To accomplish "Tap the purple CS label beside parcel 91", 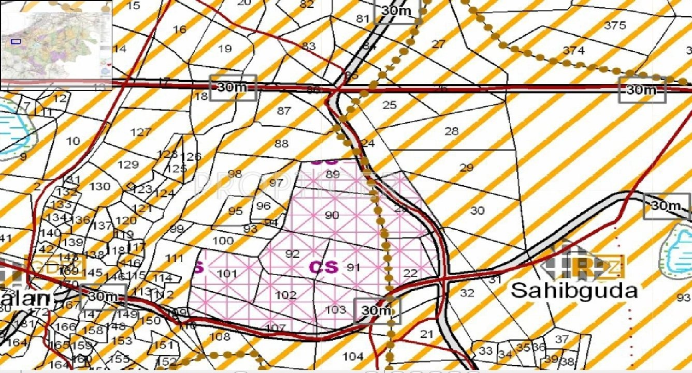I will (323, 267).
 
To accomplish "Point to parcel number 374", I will (573, 50).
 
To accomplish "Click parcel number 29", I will (466, 168).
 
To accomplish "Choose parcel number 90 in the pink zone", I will (332, 215).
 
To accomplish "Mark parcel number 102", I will (285, 295).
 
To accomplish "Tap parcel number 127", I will (140, 132).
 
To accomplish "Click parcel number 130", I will (100, 186).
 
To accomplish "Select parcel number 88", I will (281, 144).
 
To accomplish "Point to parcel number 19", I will (225, 49).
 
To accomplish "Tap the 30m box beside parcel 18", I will (233, 87).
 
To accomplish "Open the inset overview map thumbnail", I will (56, 46).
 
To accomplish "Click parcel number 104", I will (353, 356).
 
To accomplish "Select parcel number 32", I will (467, 293).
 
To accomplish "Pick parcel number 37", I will (561, 339).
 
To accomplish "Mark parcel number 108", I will (219, 337).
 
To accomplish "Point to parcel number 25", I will (390, 106).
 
